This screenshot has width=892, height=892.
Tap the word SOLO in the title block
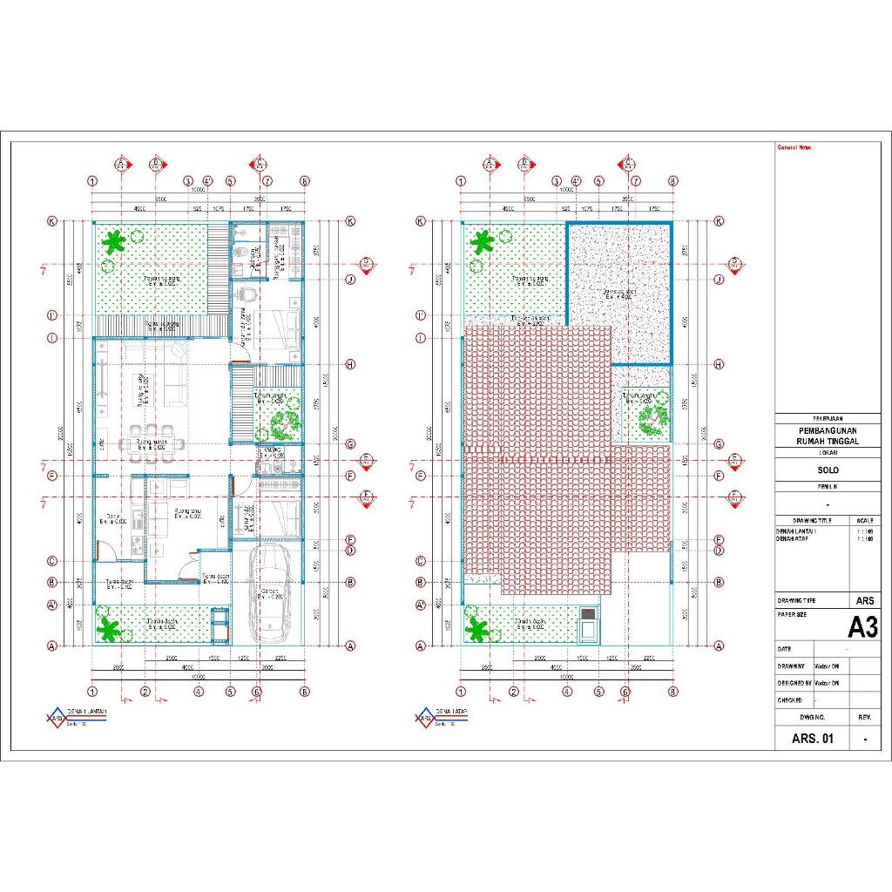click(828, 470)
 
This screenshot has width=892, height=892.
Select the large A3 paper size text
click(863, 626)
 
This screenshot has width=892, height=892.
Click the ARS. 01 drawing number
click(812, 739)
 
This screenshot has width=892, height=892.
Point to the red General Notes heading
click(794, 147)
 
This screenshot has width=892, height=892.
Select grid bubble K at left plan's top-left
click(52, 221)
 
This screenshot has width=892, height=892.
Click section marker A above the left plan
click(123, 163)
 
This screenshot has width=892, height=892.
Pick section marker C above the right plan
click(626, 163)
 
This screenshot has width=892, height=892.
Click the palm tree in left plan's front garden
click(108, 628)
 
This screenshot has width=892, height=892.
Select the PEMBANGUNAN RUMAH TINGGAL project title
click(828, 436)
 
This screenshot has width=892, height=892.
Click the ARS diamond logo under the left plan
click(56, 718)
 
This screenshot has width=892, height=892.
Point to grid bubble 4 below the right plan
click(567, 693)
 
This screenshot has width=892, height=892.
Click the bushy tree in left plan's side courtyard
click(281, 425)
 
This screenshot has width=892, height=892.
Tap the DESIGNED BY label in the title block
click(795, 683)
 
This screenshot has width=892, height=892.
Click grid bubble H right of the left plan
click(350, 365)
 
